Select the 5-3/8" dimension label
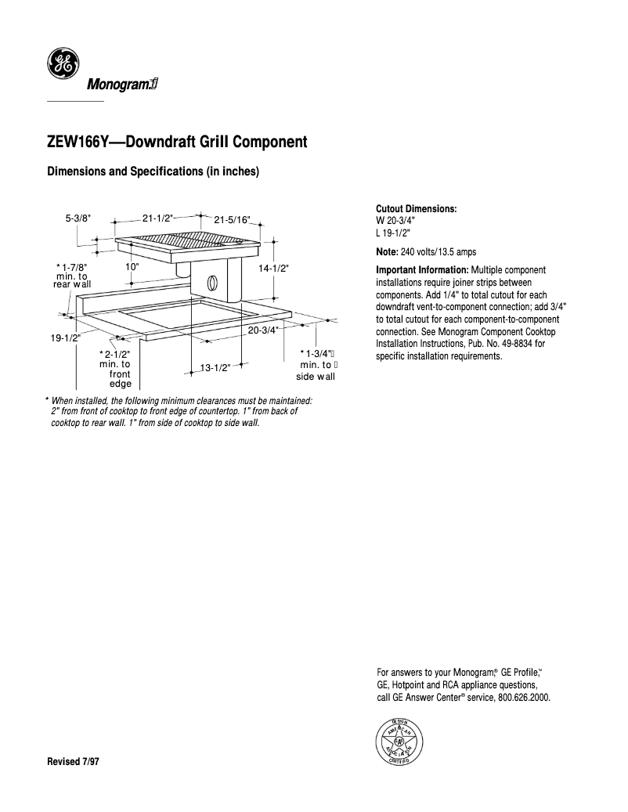78,218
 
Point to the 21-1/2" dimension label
157,218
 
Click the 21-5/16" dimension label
233,218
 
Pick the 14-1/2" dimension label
273,268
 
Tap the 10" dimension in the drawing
132,267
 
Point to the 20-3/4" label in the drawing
263,330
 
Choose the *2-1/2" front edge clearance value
115,355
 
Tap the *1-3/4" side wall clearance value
317,355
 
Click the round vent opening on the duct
211,282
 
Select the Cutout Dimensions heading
417,209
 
